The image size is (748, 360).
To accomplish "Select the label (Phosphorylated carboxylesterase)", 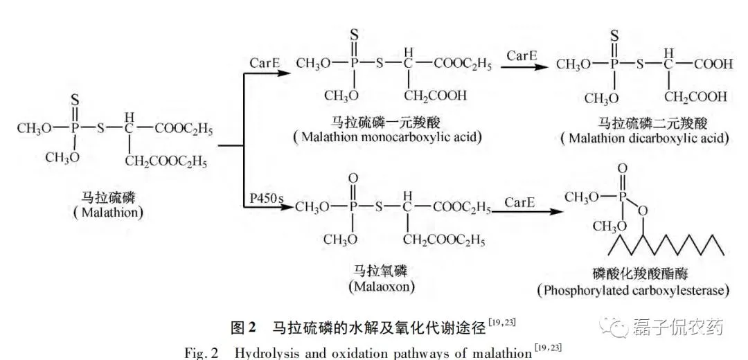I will pyautogui.click(x=633, y=291).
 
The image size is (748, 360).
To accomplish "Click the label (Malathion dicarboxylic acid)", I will pyautogui.click(x=645, y=138).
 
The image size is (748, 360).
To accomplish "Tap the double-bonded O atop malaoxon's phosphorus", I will pyautogui.click(x=353, y=178).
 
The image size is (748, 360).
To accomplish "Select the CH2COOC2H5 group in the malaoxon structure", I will pyautogui.click(x=444, y=240).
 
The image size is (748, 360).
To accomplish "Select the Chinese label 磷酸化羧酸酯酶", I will pyautogui.click(x=633, y=274).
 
